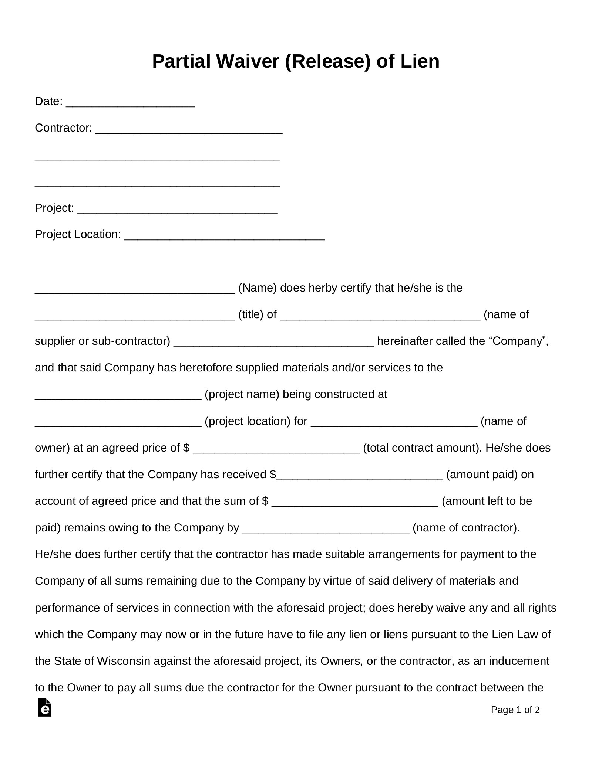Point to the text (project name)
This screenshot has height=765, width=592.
tap(242, 394)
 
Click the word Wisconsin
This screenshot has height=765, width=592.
tap(124, 661)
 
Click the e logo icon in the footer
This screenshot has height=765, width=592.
tap(45, 707)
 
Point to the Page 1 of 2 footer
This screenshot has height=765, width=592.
tap(515, 710)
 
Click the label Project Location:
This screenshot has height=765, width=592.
tap(78, 234)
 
